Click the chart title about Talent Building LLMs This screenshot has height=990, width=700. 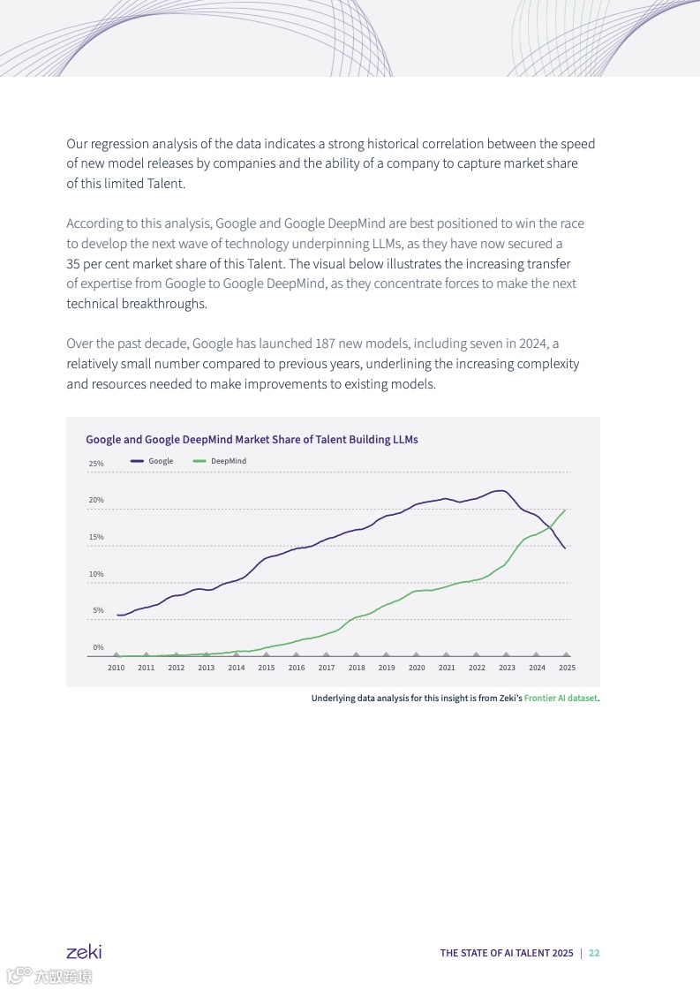[252, 439]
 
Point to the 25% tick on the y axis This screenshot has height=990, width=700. [95, 464]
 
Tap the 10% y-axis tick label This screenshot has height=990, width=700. [95, 574]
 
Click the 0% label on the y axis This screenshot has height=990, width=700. [98, 647]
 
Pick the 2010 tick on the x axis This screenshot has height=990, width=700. [116, 668]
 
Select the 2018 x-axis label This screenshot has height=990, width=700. [357, 668]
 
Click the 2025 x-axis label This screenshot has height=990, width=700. [567, 668]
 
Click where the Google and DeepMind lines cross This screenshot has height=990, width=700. [551, 527]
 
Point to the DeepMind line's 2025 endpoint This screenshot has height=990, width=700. [565, 510]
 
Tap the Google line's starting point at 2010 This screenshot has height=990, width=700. [117, 615]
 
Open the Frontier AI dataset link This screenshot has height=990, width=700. [561, 699]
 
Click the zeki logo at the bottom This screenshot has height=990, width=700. [84, 952]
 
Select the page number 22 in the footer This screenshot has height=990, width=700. [594, 953]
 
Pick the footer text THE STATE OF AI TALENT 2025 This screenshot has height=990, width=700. [507, 953]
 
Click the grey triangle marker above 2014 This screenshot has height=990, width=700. [237, 654]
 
